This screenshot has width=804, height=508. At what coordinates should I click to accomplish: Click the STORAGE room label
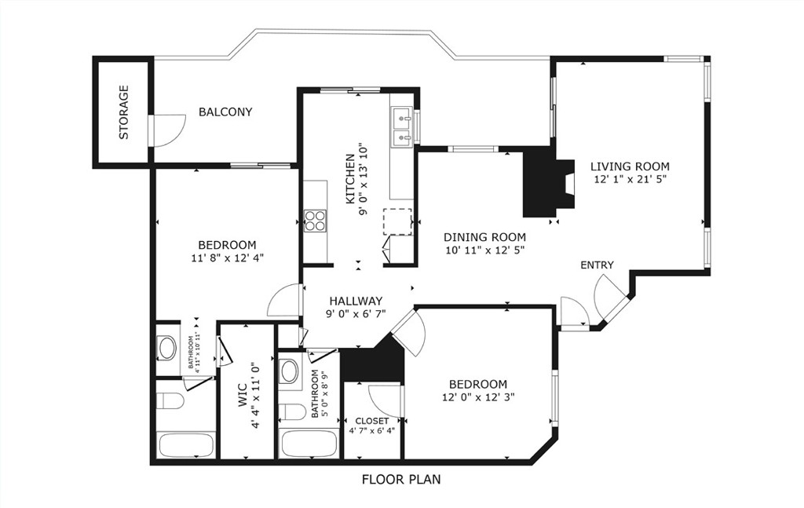pos(123,112)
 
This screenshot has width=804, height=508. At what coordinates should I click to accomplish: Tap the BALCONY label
pos(225,112)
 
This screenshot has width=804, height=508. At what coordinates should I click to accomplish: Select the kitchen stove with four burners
pos(316,221)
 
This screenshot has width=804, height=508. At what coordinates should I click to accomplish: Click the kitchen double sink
pos(402,128)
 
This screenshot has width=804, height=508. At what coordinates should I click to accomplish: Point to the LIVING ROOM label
pos(630,166)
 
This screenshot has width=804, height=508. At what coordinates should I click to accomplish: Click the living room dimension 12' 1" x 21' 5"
pos(630,180)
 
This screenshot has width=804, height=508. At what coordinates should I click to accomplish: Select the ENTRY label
pos(597,265)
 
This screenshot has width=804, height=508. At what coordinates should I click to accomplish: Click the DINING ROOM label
pos(484,237)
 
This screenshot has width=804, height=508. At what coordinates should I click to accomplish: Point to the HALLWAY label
pos(356,301)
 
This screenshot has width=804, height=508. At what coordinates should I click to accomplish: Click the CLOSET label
pos(371,421)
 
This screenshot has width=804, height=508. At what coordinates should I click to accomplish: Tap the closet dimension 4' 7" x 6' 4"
pos(372,430)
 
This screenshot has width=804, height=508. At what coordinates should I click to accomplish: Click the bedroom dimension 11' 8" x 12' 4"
pos(227,258)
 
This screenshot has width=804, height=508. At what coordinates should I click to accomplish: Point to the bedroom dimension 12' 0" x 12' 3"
pos(479,397)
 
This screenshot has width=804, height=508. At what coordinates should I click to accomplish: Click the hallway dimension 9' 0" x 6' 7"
pos(356,314)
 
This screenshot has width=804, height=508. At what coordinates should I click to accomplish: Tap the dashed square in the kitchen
pos(397,222)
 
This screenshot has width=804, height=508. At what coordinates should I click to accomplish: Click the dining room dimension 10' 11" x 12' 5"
pos(484,250)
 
